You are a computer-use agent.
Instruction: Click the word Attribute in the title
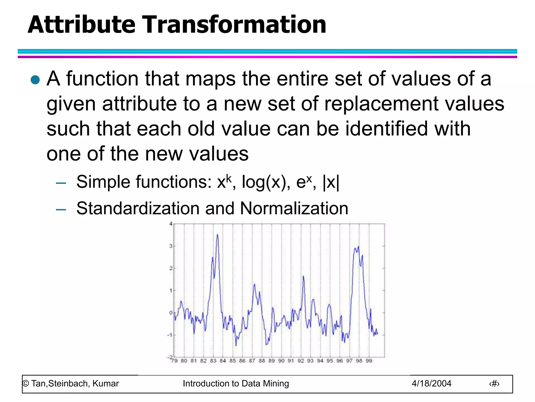tap(82, 25)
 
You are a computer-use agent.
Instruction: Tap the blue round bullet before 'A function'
tap(35, 80)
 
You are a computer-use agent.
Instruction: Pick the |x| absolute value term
tap(331, 182)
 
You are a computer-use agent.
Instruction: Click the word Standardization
tap(138, 209)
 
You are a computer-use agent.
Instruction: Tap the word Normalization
tap(294, 209)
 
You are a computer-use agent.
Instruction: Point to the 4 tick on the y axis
tap(171, 224)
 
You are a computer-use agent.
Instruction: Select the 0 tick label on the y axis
tap(171, 313)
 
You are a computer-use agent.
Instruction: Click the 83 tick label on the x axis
tap(213, 361)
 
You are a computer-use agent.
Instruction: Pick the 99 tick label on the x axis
tap(369, 361)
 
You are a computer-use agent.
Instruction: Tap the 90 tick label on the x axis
tap(281, 361)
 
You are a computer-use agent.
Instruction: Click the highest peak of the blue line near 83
tap(217, 235)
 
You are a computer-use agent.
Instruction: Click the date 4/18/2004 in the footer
tap(431, 384)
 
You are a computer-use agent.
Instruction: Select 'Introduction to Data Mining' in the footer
tap(236, 384)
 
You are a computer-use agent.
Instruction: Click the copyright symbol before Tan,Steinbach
tap(26, 384)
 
